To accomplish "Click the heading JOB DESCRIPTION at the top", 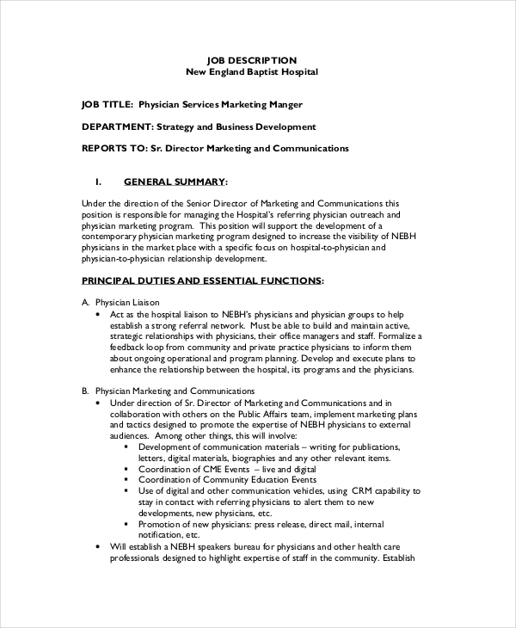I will pos(252,60).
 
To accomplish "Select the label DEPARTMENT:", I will pos(117,126).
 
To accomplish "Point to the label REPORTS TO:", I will pos(114,148).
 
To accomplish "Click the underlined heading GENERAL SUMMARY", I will pos(175,182).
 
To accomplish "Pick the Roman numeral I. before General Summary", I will pos(98,182).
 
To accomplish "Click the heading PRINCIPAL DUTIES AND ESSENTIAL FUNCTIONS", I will pos(202,280).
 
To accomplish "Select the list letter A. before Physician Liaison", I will pos(85,303).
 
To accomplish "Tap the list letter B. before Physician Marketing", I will pos(85,390).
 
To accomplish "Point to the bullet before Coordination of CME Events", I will pos(127,469).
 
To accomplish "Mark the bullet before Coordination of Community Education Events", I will pos(127,480).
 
